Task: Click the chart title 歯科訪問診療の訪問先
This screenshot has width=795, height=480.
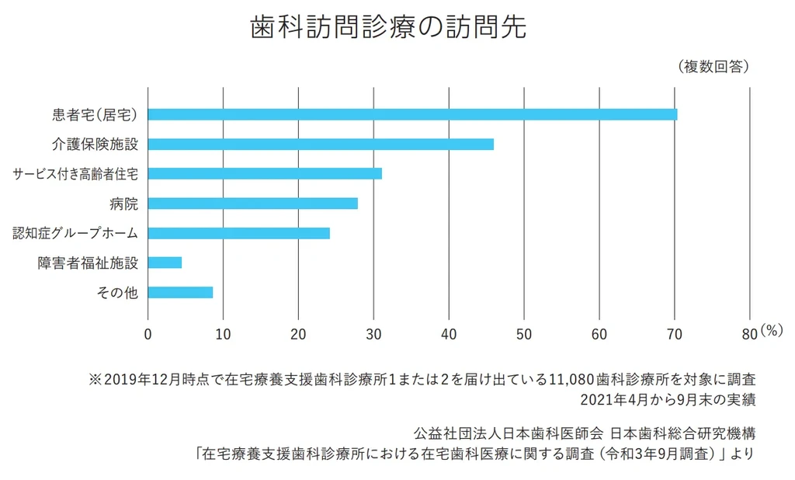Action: click(388, 27)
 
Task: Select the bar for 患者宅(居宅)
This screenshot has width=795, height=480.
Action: click(412, 114)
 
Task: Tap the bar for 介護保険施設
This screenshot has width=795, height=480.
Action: click(321, 144)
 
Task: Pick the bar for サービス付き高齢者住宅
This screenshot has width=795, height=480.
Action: click(265, 173)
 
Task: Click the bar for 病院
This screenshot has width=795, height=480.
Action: click(253, 203)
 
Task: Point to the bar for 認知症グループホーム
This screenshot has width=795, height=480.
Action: click(239, 233)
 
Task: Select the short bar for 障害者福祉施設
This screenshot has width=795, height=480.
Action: click(165, 263)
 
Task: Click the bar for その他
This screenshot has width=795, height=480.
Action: click(180, 293)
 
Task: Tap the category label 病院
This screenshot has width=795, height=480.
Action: click(123, 203)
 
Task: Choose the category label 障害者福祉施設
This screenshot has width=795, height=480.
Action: click(88, 263)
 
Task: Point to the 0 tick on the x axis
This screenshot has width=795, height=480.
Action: click(148, 335)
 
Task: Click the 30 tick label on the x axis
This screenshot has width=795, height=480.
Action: click(373, 335)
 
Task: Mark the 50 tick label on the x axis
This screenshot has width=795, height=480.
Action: click(524, 335)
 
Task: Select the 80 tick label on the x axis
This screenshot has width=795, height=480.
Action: click(748, 335)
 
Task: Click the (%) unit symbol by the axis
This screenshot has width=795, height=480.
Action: click(772, 330)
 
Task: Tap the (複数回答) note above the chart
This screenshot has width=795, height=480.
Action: click(713, 67)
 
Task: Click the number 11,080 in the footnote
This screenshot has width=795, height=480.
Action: click(571, 381)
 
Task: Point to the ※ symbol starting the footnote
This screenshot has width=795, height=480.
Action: click(95, 381)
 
